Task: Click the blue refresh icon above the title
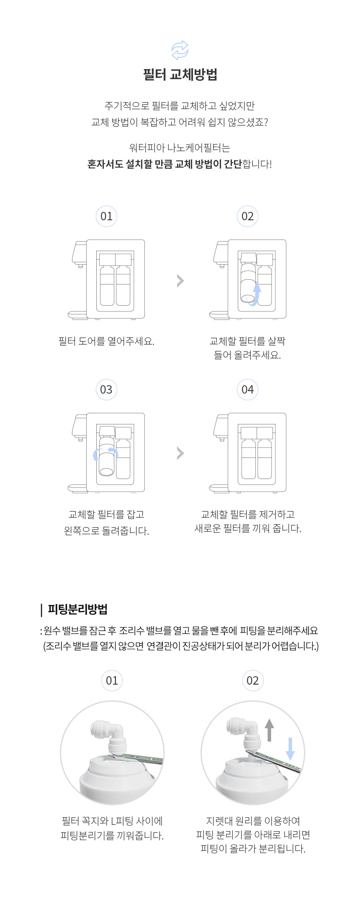pyautogui.click(x=180, y=50)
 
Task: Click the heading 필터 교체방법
pyautogui.click(x=180, y=75)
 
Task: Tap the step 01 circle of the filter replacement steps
pyautogui.click(x=106, y=216)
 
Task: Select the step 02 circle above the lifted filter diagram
pyautogui.click(x=247, y=216)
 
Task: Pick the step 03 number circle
pyautogui.click(x=106, y=390)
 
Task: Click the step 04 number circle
pyautogui.click(x=247, y=390)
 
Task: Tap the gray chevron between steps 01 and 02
pyautogui.click(x=180, y=281)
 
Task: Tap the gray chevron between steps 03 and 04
pyautogui.click(x=180, y=453)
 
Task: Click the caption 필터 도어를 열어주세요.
pyautogui.click(x=106, y=341)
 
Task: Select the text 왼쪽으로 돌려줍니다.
pyautogui.click(x=106, y=531)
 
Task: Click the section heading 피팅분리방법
pyautogui.click(x=77, y=609)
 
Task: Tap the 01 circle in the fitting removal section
pyautogui.click(x=112, y=680)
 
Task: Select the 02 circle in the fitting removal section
pyautogui.click(x=252, y=680)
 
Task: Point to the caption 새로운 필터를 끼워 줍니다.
pyautogui.click(x=248, y=528)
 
